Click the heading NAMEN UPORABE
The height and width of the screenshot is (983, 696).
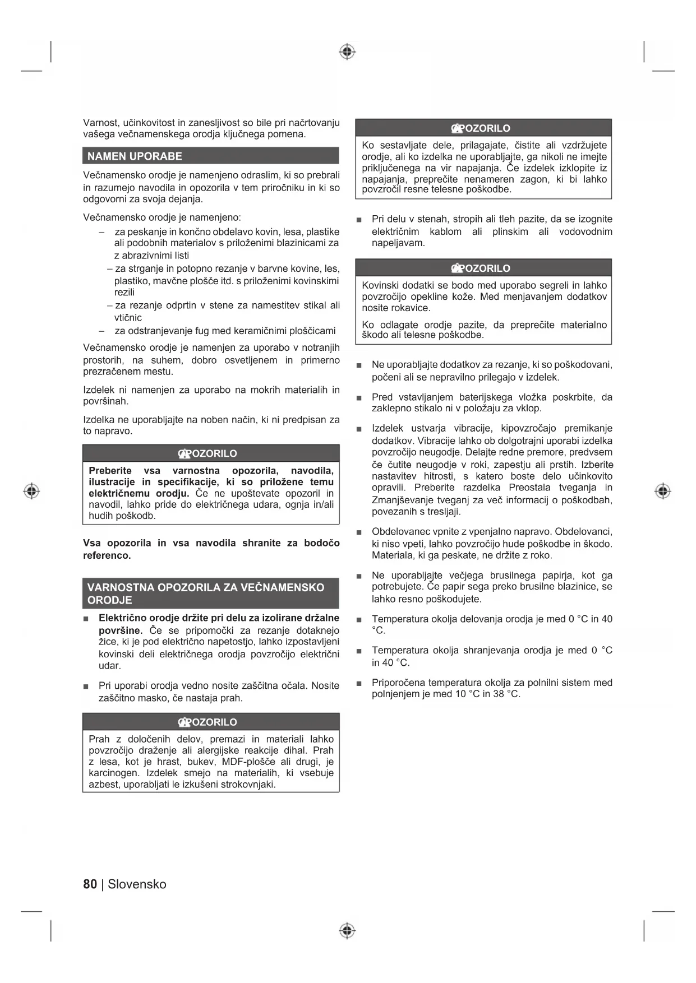(135, 156)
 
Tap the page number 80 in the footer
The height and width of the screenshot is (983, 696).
(90, 884)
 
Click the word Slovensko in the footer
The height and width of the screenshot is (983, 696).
(137, 884)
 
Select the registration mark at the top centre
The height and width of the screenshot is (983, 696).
(348, 52)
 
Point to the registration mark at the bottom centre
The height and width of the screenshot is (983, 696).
(348, 931)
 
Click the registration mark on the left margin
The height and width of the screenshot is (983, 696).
(32, 491)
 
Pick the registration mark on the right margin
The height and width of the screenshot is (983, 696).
(663, 491)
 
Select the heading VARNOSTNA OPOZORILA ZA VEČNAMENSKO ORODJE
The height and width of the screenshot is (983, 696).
(206, 593)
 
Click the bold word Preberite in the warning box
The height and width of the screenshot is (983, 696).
(110, 471)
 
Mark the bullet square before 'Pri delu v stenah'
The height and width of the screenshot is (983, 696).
(359, 220)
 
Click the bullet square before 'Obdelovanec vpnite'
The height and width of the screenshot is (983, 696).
(359, 532)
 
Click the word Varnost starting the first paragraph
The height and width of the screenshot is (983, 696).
(100, 123)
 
